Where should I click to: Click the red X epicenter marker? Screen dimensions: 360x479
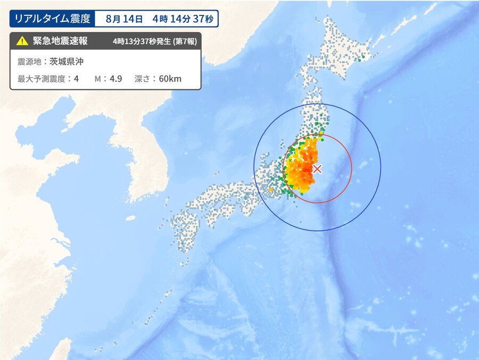click(x=317, y=169)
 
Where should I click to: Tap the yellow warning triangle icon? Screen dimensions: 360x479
click(x=21, y=41)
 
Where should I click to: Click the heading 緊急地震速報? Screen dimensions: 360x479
click(x=60, y=41)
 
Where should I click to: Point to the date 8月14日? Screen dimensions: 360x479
click(x=124, y=19)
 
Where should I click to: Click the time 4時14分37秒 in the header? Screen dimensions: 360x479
click(x=182, y=19)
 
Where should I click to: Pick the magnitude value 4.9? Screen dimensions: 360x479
click(x=115, y=79)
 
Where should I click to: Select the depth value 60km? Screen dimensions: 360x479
click(x=170, y=79)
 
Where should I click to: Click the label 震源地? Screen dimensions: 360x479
click(x=29, y=62)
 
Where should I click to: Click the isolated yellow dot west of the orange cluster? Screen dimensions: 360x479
click(x=271, y=189)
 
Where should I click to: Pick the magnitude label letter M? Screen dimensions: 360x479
click(x=98, y=79)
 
